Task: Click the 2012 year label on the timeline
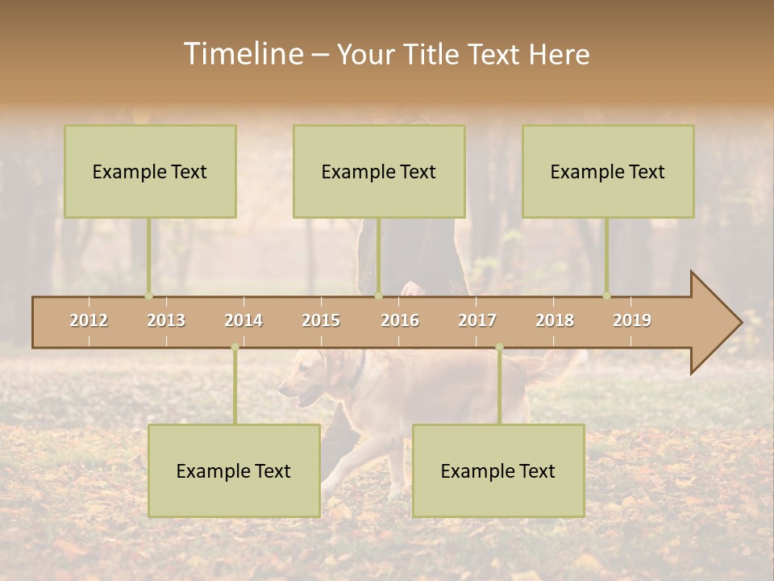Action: coord(89,320)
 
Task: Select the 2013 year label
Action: coord(166,320)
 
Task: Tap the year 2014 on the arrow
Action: coord(243,320)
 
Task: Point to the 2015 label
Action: coord(321,320)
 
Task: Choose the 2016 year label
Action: coord(400,320)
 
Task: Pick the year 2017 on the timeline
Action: coord(477,320)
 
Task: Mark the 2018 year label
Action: coord(555,320)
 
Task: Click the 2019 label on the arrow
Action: coord(632,320)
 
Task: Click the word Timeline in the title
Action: coord(242,54)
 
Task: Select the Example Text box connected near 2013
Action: coord(150,171)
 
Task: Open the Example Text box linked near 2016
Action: coord(379,171)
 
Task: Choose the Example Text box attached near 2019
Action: coord(608,171)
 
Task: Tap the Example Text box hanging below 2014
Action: coord(234,470)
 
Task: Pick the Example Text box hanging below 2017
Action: coord(498,470)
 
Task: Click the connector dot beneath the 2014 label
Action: coord(235,347)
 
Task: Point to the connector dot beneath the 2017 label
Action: coord(499,347)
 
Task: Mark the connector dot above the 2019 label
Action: coord(607,295)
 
